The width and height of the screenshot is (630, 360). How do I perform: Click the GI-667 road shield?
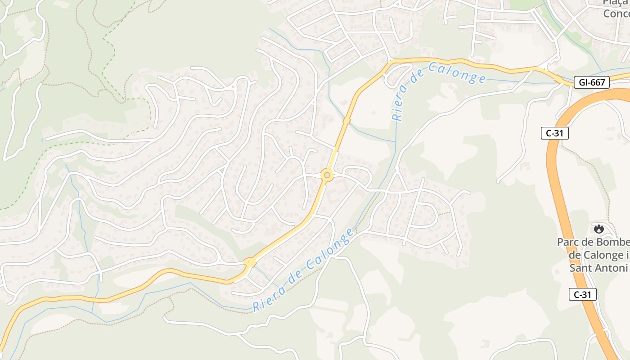pyautogui.click(x=592, y=82)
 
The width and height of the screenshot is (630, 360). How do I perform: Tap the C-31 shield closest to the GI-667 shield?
pyautogui.click(x=555, y=133)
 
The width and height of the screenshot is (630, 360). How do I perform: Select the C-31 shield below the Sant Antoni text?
pyautogui.click(x=583, y=294)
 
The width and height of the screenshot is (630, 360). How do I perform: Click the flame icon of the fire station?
pyautogui.click(x=598, y=229)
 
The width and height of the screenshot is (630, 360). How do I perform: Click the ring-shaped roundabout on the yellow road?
pyautogui.click(x=327, y=175)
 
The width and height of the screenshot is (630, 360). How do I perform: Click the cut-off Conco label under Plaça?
pyautogui.click(x=616, y=13)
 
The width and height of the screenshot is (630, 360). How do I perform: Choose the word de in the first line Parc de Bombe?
pyautogui.click(x=589, y=242)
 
